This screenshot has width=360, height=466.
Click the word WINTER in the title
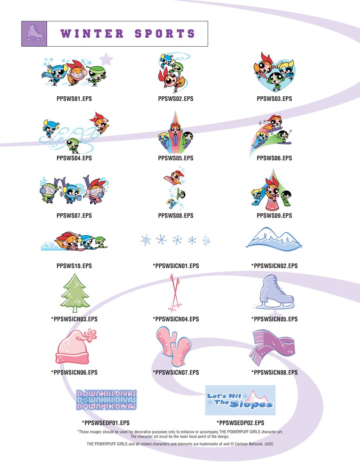pos(92,34)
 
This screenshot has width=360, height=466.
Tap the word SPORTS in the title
pos(165,34)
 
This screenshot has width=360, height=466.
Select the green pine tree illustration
pos(75,293)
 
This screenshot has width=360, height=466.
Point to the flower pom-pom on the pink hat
pos(90,336)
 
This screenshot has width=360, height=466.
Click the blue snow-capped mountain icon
pos(274,239)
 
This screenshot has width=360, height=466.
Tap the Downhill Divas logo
pos(106,400)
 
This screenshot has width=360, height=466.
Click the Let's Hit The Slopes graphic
pos(240,400)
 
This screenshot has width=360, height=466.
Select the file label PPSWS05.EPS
pos(176,158)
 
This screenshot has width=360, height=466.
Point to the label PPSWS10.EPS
pos(74,266)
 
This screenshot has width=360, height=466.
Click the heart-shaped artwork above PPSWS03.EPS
pos(274,72)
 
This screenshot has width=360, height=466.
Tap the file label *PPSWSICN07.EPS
pos(176,372)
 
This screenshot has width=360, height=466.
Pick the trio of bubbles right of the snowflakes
pos(206,241)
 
